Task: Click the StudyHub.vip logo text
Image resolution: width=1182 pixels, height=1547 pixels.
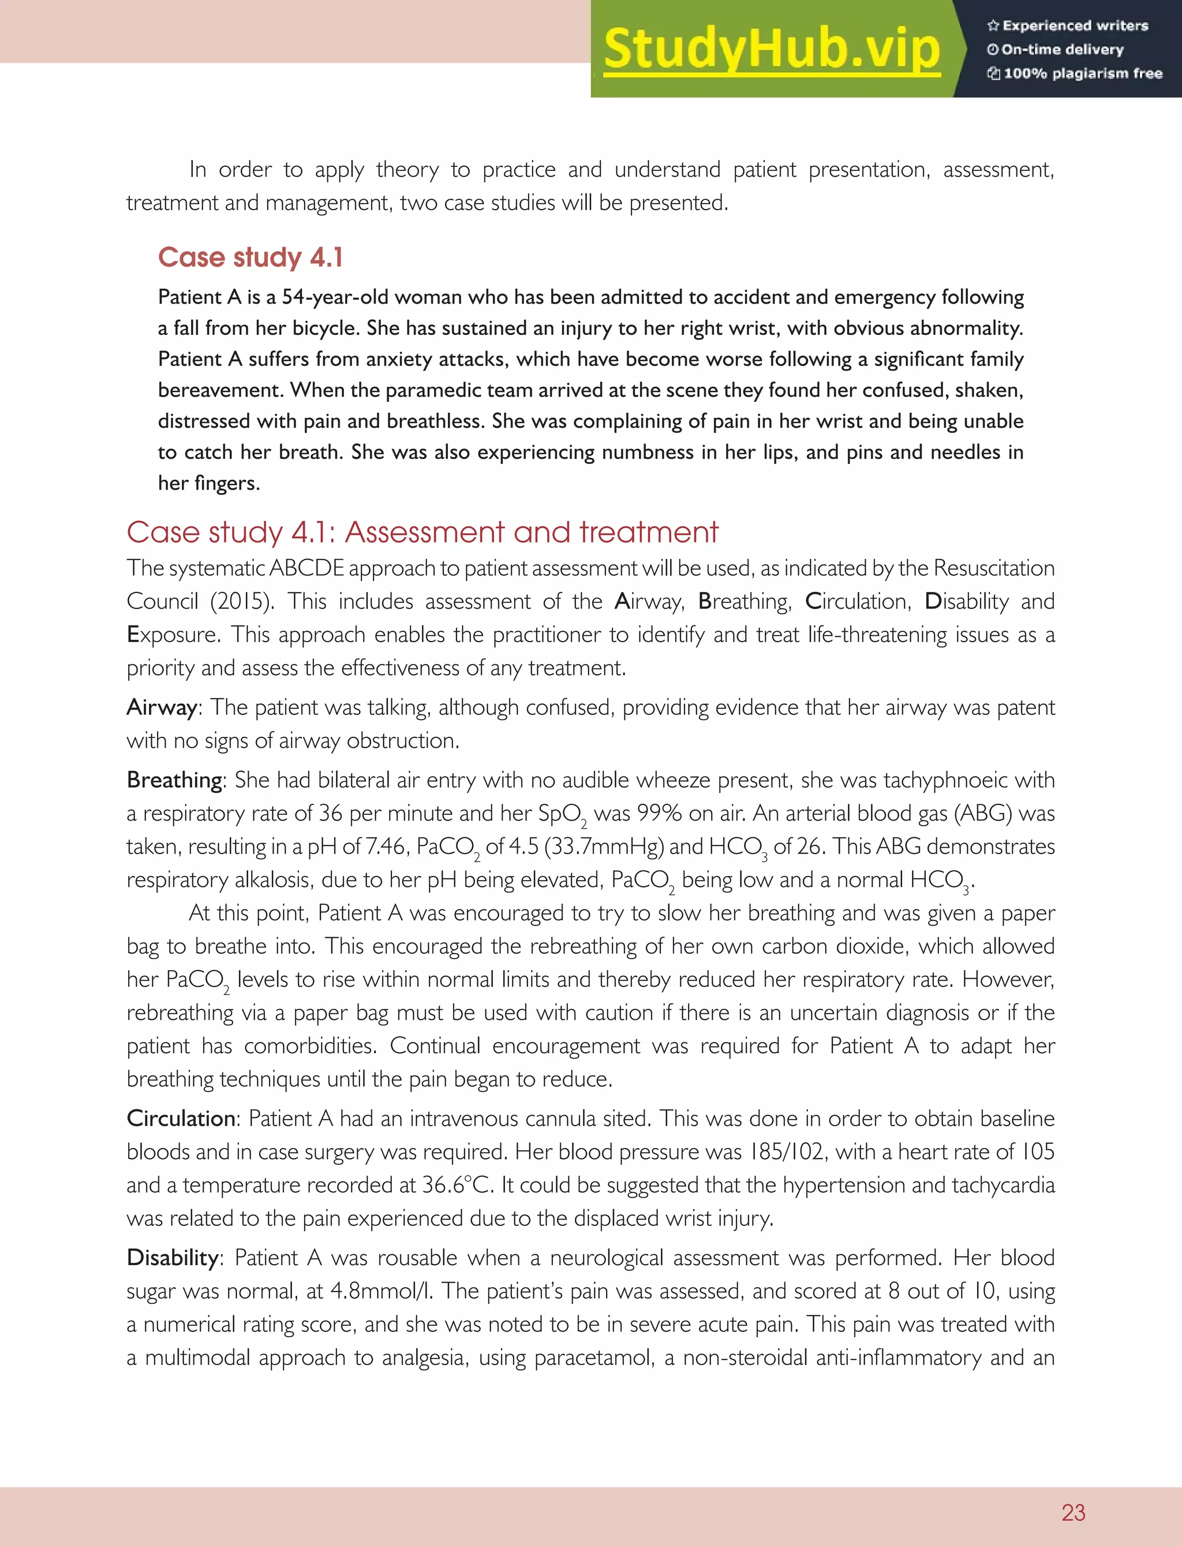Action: (x=772, y=49)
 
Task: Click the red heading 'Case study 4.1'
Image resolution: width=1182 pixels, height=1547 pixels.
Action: (x=250, y=258)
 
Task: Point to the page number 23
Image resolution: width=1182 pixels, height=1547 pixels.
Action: (x=1073, y=1512)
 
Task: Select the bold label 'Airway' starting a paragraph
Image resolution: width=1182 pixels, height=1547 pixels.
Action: (x=162, y=707)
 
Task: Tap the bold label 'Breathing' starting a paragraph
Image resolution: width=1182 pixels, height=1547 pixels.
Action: (x=174, y=780)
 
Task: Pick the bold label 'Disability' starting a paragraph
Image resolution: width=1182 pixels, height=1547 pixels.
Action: (x=173, y=1258)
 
